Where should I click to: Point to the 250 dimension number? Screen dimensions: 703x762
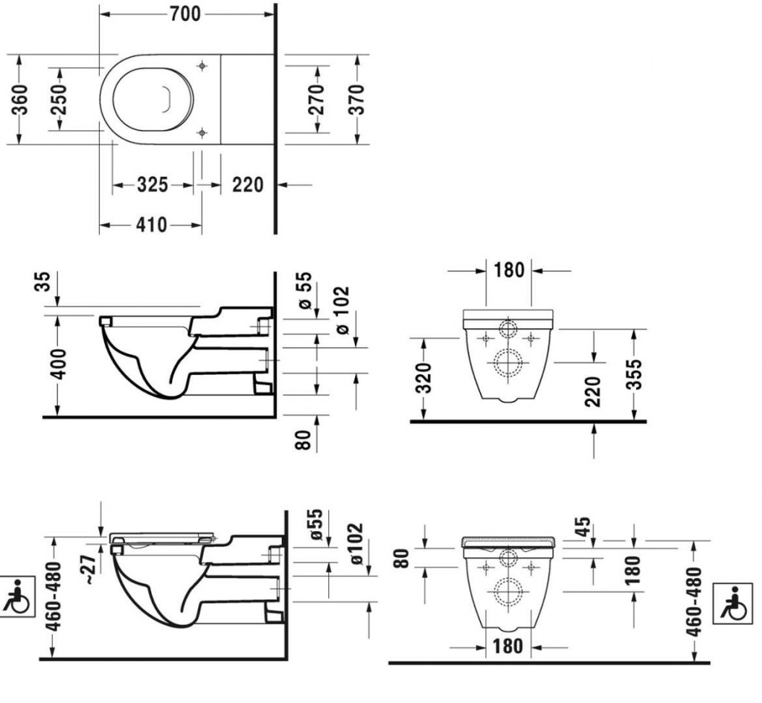(x=59, y=99)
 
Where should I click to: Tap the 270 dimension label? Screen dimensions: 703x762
(x=317, y=99)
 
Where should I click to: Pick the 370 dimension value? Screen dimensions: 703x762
(x=357, y=99)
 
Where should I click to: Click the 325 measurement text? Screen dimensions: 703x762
(x=152, y=184)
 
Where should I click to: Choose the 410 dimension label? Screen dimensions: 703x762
(x=151, y=225)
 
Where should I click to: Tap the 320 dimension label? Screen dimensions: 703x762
(x=423, y=379)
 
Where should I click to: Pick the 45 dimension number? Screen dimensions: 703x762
(x=584, y=527)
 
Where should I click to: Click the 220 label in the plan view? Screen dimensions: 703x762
(x=247, y=184)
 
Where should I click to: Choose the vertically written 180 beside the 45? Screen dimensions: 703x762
(x=633, y=571)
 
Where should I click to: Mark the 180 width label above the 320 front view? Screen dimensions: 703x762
(x=509, y=269)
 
